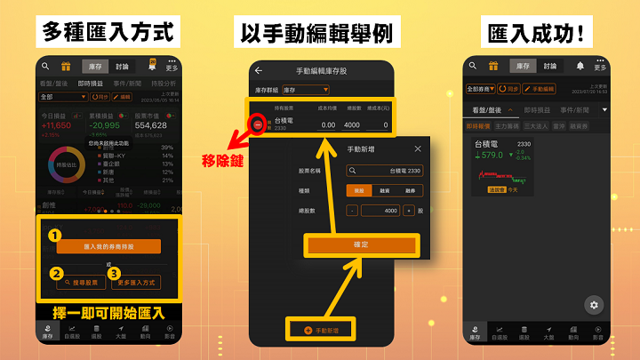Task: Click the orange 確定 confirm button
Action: click(361, 244)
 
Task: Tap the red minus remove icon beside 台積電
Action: click(258, 125)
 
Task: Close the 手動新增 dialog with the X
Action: click(418, 149)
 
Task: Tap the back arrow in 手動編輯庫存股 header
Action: click(259, 70)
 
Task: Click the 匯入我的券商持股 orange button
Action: click(108, 246)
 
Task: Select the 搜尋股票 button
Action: click(81, 283)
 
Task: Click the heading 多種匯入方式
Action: click(107, 33)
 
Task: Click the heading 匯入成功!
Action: click(536, 33)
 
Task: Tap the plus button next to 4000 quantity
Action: click(408, 211)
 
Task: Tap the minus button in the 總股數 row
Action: click(352, 211)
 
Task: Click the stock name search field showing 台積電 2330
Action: click(385, 171)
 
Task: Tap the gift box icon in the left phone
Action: click(65, 66)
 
